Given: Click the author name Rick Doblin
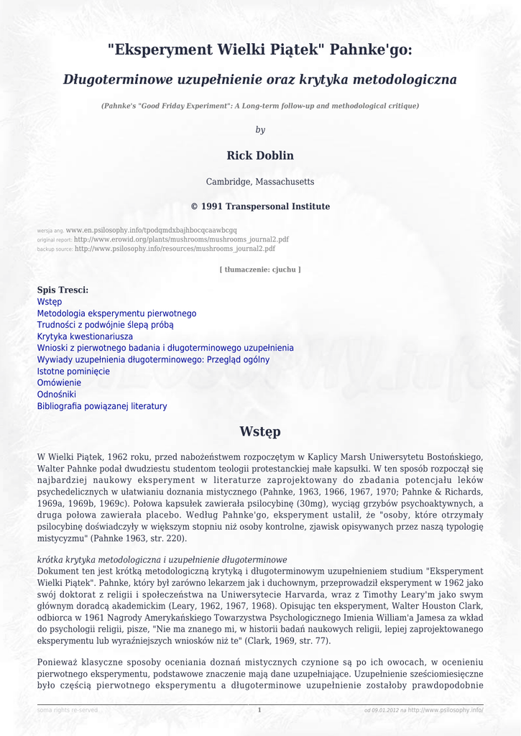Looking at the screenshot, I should pos(260,156).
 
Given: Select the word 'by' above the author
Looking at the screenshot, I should pos(260,130).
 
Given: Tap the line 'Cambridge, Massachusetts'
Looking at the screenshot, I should pos(260,182).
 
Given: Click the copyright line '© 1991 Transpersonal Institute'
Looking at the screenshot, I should pos(260,207).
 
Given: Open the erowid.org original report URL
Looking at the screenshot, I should pos(181,239).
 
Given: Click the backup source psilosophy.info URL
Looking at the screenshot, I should pos(175,249).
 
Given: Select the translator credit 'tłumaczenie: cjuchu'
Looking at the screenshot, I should pos(260,270).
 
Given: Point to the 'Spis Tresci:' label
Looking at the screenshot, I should pos(63,290).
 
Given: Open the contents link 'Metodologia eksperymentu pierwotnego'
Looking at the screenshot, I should pos(116,313).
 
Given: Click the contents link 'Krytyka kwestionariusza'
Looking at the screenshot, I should pos(85,336).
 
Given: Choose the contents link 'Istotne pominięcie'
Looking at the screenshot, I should pos(73,372).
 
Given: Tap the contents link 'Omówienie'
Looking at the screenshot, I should pos(59,383).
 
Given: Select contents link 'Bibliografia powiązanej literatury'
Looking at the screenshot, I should pos(102,406).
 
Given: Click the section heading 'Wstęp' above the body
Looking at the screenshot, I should pos(260,432).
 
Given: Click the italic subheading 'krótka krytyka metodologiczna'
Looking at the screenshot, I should pos(162,560).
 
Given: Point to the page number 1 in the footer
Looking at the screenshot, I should pos(259,710).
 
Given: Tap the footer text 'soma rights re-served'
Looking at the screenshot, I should pos(68,710).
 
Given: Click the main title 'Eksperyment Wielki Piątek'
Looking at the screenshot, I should pos(260,50).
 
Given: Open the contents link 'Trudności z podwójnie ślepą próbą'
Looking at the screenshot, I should pos(105,325).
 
